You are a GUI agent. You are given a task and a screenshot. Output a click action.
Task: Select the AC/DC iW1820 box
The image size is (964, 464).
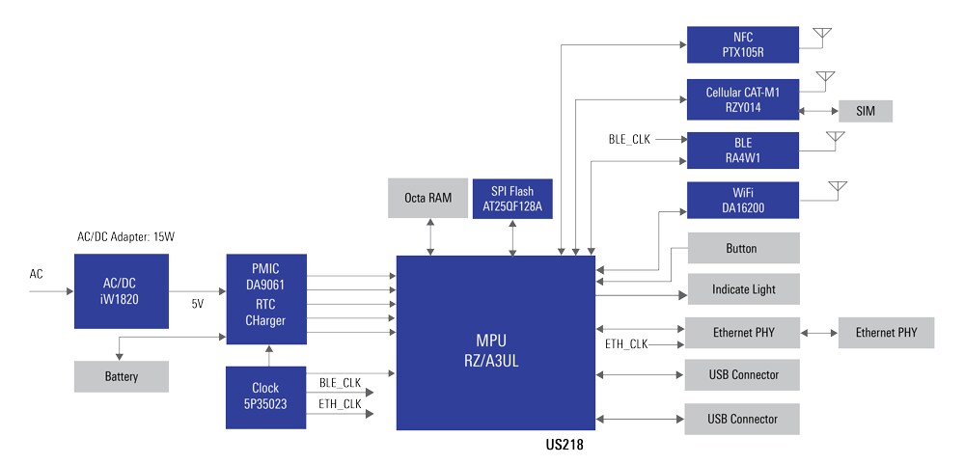(x=121, y=291)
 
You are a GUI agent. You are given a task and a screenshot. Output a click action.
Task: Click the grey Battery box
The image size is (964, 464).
(x=121, y=376)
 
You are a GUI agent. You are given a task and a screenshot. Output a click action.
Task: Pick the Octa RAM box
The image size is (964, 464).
(x=427, y=198)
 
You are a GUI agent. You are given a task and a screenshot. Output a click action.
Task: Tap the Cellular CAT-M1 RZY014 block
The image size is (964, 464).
(x=743, y=99)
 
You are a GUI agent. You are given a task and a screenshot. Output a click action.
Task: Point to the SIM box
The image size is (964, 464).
(x=866, y=111)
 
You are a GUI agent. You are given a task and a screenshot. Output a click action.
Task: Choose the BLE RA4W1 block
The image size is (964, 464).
(x=743, y=150)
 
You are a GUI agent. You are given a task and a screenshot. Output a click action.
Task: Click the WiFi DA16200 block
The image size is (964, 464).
(x=743, y=200)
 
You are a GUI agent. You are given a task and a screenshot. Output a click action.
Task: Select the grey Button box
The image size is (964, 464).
(x=743, y=248)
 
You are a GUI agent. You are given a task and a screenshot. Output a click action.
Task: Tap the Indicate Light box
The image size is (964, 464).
(x=743, y=289)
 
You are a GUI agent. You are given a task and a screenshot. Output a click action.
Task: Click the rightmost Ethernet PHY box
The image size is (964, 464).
(x=887, y=333)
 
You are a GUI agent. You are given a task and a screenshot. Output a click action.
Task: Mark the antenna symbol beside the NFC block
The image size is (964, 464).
(x=821, y=37)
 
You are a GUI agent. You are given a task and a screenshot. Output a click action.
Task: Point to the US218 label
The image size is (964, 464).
(x=565, y=447)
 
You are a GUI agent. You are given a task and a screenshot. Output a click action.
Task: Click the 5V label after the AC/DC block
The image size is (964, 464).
(x=197, y=304)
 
